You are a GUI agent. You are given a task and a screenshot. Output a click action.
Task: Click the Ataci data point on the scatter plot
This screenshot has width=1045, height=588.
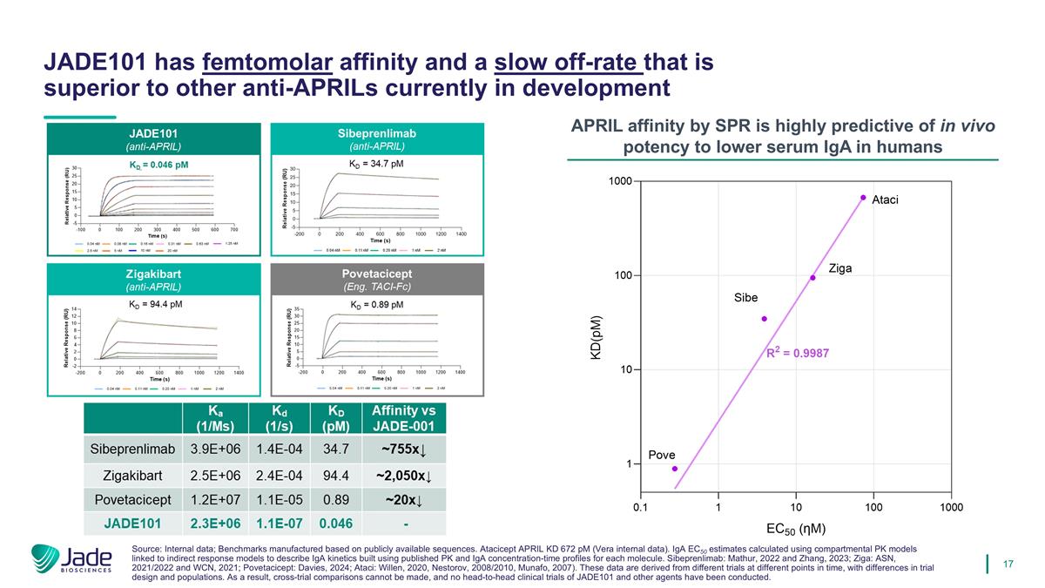tap(863, 198)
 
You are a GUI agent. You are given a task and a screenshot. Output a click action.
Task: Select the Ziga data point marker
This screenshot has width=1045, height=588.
tap(812, 278)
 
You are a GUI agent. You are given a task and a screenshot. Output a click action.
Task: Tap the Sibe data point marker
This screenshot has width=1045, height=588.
tap(764, 319)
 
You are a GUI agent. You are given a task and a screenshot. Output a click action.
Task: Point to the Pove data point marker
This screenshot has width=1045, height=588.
tap(674, 469)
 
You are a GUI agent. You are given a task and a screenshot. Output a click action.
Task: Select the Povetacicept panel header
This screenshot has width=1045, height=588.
tap(376, 279)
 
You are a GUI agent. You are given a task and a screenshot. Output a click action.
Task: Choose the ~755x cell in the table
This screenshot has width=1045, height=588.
tap(402, 449)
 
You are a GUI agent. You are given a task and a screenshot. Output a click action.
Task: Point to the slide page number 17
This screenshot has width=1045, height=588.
tap(1008, 564)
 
